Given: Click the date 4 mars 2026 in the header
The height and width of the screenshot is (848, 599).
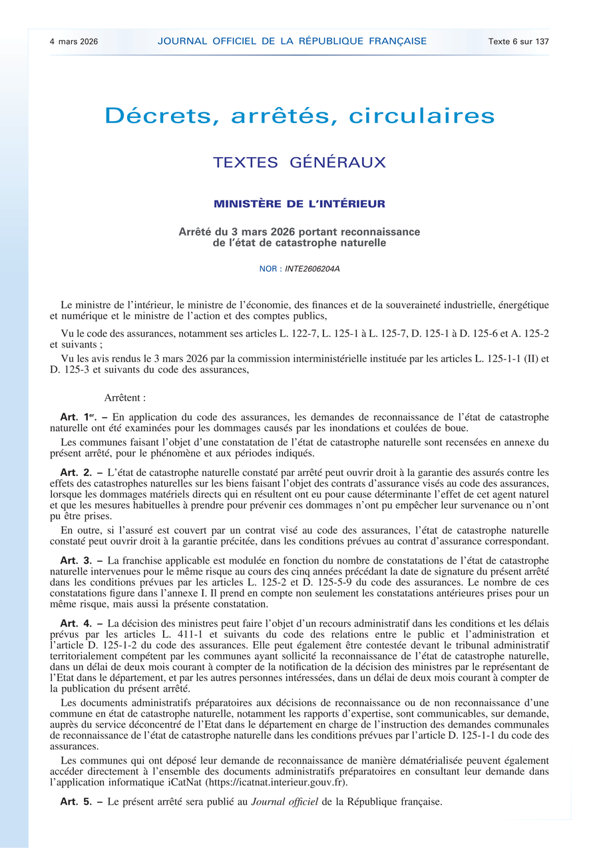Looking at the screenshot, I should pyautogui.click(x=74, y=41).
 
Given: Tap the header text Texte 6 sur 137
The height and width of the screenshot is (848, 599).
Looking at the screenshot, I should pyautogui.click(x=518, y=41).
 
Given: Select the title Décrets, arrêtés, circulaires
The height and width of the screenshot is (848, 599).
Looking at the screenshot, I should pyautogui.click(x=299, y=116).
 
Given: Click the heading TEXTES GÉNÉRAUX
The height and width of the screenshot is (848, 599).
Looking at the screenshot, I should pyautogui.click(x=299, y=162).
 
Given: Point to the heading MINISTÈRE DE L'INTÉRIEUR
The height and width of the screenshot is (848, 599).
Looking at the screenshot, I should pyautogui.click(x=299, y=204).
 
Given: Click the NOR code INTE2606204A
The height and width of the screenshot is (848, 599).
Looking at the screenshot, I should pyautogui.click(x=312, y=269).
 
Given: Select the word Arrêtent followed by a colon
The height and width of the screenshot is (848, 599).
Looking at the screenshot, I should pyautogui.click(x=125, y=397).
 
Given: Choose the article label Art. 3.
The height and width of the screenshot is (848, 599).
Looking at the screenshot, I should pyautogui.click(x=77, y=560).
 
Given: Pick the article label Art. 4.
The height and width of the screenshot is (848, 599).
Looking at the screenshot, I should pyautogui.click(x=77, y=624).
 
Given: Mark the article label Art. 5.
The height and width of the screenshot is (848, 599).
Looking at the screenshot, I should pyautogui.click(x=77, y=801).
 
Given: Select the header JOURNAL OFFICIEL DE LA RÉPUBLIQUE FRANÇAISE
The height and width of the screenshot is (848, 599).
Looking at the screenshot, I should pyautogui.click(x=292, y=41).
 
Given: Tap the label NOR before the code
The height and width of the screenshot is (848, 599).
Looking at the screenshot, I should pyautogui.click(x=269, y=269).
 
